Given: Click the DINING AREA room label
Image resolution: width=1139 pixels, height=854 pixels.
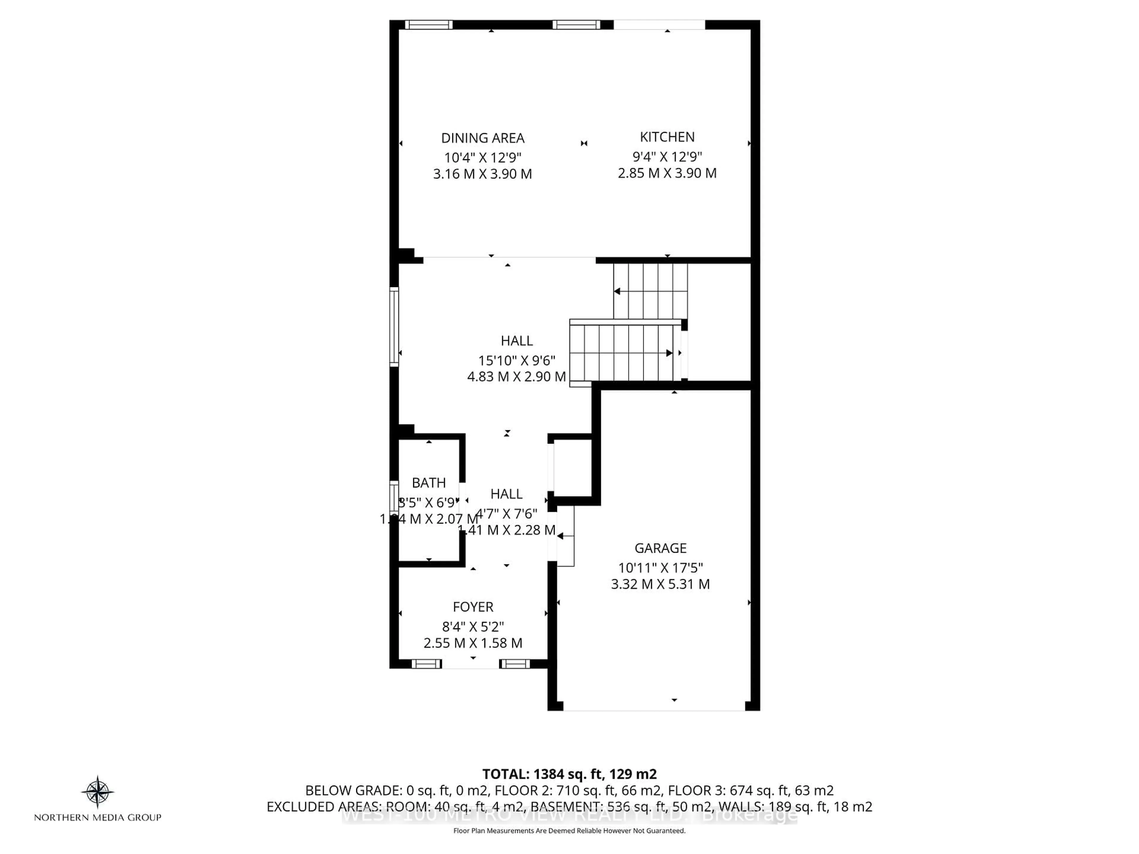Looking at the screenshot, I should tap(483, 138).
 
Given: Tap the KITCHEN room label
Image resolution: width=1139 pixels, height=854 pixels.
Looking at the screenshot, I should tap(667, 137).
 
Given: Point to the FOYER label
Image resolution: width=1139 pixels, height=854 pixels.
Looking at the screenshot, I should tap(473, 607).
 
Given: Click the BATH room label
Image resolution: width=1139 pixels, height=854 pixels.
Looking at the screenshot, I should tap(428, 483).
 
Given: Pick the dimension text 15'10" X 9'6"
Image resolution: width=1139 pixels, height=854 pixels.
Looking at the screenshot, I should tap(516, 360).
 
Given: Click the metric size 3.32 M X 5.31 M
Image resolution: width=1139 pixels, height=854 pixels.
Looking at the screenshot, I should tap(660, 584).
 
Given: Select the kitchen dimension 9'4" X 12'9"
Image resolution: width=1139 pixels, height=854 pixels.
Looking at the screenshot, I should tap(667, 157).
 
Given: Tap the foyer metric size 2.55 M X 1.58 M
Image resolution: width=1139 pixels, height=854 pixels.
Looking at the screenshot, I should tap(473, 643).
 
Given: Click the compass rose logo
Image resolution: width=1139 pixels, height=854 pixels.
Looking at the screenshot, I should tap(97, 791).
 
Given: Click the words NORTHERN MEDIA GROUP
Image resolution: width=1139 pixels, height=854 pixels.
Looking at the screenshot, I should tap(97, 817).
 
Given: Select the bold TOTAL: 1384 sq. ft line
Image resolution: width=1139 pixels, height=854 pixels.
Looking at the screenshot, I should tap(569, 774).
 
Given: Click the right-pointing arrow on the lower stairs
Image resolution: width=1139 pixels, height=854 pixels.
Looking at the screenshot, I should tap(669, 353).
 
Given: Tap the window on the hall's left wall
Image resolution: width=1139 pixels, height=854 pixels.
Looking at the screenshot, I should tap(394, 327).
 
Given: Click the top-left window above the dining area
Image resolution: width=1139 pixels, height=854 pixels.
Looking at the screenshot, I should tap(428, 25).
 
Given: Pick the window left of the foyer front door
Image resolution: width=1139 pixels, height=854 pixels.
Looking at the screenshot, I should tap(426, 664).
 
